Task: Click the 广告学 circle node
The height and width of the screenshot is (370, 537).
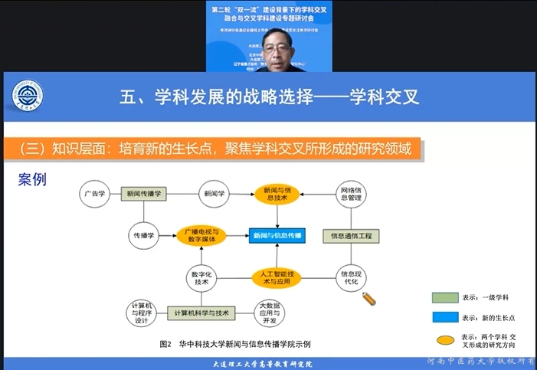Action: point(97,195)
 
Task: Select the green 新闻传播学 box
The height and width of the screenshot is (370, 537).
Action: point(145,195)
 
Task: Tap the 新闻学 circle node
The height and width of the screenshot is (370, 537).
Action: point(215,195)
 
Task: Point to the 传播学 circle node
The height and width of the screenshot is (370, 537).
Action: point(144,235)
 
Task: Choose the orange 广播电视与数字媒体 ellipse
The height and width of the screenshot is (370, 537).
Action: point(202,235)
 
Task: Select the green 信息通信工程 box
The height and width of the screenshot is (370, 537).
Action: point(350,236)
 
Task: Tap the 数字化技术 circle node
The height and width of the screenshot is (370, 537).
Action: point(202,277)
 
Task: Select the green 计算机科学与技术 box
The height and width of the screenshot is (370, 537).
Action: point(202,313)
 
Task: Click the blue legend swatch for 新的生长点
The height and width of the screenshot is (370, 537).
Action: point(445,317)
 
